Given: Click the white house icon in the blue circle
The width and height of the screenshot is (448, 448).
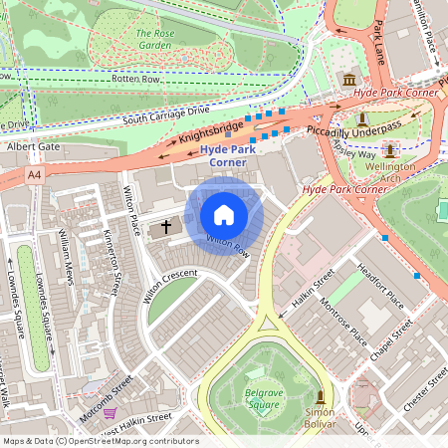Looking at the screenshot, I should coord(224,215).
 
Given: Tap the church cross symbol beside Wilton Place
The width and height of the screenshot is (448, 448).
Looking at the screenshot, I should coord(166,227).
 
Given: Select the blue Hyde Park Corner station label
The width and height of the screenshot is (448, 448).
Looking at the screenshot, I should coord(229,156).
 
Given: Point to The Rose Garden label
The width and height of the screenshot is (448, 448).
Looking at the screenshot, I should coord(154,38).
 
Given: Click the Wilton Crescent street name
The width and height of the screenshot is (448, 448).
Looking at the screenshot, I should coord(170,289).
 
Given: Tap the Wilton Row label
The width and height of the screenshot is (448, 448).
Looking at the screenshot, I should coord(227,245).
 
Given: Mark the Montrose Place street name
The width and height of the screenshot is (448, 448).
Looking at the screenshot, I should coord(343,320).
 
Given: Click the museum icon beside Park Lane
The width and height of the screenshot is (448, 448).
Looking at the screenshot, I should coord(349,80).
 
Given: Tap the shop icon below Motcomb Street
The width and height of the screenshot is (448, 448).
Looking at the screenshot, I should coord(110,412).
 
